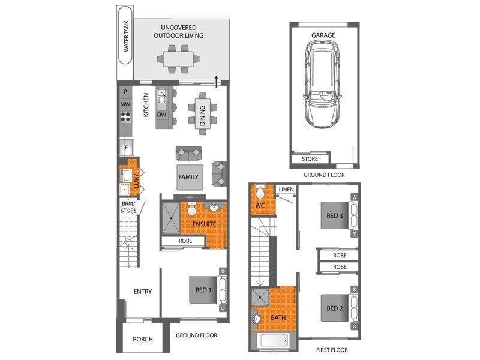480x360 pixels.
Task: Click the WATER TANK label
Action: [126, 36]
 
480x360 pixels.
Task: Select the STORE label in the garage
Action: [310, 159]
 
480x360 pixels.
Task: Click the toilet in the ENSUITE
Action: [192, 209]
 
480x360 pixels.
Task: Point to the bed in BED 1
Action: [208, 290]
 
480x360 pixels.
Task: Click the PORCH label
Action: [143, 339]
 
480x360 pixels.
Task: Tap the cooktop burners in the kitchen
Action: [125, 116]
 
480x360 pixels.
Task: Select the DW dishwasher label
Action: [161, 115]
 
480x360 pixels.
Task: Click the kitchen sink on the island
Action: [162, 96]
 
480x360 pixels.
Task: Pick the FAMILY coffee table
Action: [190, 177]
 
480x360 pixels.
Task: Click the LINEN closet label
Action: [286, 190]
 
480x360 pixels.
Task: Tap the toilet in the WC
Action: [260, 192]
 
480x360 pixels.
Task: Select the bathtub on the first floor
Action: [274, 341]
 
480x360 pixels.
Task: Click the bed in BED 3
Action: [339, 215]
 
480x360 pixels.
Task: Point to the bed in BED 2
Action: [339, 308]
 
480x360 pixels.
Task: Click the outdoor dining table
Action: [178, 59]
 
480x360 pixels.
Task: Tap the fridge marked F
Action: [127, 148]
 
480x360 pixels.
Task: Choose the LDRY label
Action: [137, 181]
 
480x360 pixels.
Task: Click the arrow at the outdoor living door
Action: [216, 82]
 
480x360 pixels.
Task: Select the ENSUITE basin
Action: [214, 207]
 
